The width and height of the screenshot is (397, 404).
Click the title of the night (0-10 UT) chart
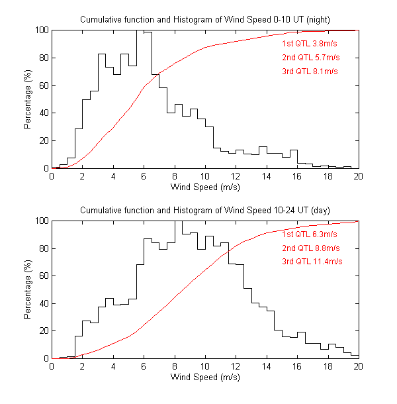coord(205,19)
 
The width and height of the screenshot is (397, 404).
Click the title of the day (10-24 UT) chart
coord(205,210)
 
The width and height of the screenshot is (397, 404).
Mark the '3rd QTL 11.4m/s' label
coord(312,262)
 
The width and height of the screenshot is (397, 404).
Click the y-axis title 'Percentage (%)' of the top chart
coord(28,99)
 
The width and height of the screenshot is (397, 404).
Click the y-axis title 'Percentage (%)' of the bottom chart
coord(28,289)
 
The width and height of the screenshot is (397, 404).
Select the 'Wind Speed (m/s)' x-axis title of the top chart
coord(205,187)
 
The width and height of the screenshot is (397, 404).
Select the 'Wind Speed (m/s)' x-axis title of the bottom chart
coord(205,378)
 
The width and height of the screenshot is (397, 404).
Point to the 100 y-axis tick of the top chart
coord(41,30)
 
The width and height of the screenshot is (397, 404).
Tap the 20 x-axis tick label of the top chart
coord(358,177)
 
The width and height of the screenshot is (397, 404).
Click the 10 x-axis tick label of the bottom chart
coord(205,367)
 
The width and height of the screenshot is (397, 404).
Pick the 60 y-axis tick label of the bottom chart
coord(43,276)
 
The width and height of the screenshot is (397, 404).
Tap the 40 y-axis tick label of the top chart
coord(43,113)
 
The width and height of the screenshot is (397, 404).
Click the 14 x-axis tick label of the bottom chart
coord(267,367)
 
